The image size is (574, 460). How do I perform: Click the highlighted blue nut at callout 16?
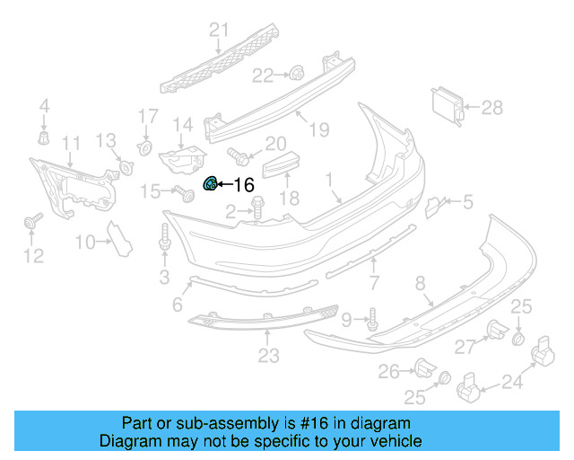click(x=211, y=184)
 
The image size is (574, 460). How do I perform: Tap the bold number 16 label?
click(x=243, y=185)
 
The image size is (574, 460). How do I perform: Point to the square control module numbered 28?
click(x=448, y=107)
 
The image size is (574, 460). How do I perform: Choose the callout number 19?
click(x=319, y=131)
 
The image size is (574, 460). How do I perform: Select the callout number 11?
click(x=70, y=144)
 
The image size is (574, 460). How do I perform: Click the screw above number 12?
click(x=34, y=220)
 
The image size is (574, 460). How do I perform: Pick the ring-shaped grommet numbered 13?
click(x=126, y=167)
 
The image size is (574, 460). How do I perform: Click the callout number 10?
click(x=85, y=242)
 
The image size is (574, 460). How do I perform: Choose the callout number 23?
click(x=269, y=357)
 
